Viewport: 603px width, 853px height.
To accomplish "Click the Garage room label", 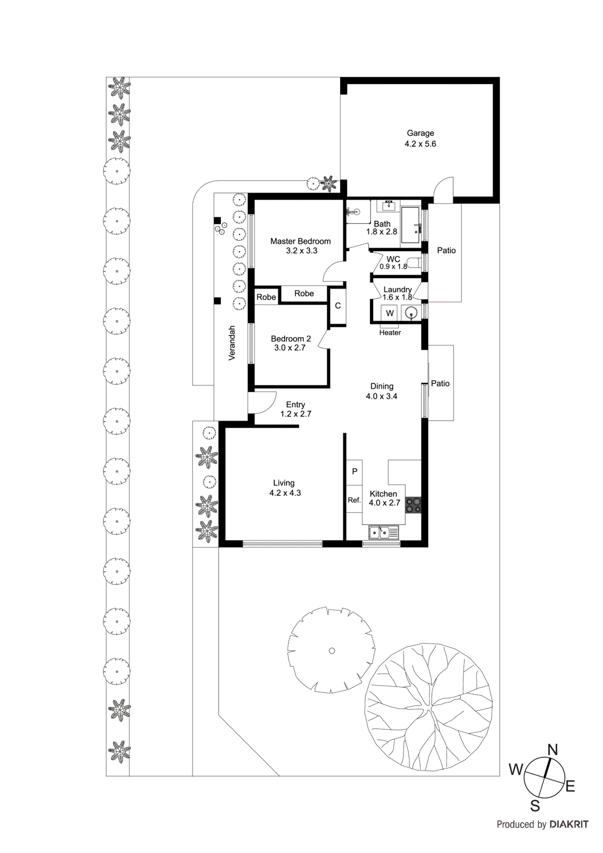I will click(x=420, y=133).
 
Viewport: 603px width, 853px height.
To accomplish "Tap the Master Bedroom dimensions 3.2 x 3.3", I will click(x=301, y=251).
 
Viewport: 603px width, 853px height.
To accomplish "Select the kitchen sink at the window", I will click(x=383, y=532).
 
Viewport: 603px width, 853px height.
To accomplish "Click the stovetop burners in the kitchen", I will click(x=413, y=505).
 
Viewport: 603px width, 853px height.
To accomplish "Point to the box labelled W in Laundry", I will click(x=390, y=313).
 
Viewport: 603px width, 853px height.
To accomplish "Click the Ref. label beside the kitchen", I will click(x=354, y=500).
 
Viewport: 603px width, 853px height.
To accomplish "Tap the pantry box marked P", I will click(x=355, y=472).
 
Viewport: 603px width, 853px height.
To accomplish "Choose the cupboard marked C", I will click(x=337, y=306).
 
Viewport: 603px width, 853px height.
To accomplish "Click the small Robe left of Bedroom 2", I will click(x=266, y=297).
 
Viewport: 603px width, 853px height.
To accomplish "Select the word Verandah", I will click(x=232, y=343).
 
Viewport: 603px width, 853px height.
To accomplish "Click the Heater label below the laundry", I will click(x=390, y=333).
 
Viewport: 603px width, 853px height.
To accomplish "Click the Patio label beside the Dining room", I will click(x=440, y=383).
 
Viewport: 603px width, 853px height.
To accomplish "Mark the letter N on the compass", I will click(x=552, y=750).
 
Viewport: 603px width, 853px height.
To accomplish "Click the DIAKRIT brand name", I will click(x=568, y=824).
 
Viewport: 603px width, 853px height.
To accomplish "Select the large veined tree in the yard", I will click(x=429, y=706).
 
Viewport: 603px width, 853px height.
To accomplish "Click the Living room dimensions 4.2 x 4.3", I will click(x=285, y=493).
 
